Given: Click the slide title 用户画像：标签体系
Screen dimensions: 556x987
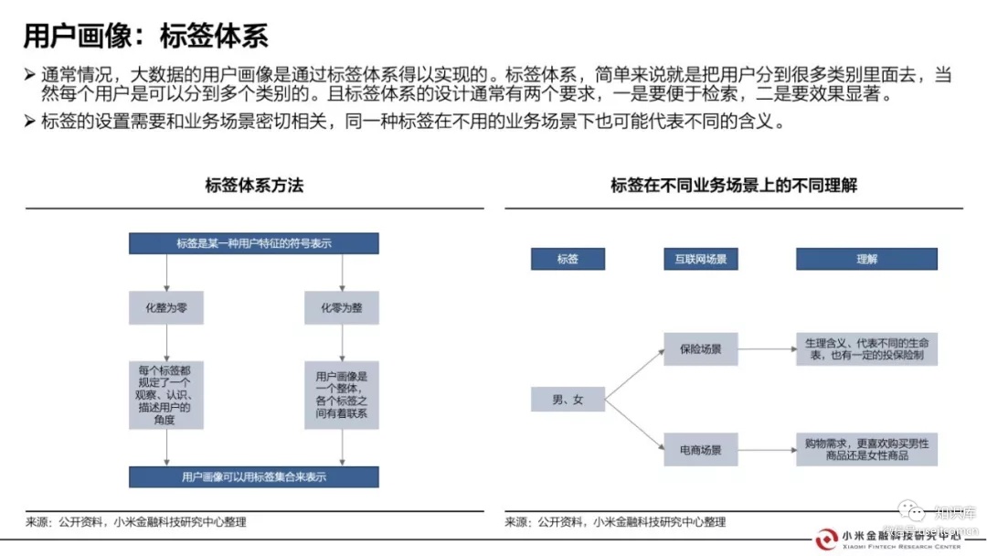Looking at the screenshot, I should (145, 36).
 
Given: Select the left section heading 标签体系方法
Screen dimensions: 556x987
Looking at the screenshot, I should (254, 186).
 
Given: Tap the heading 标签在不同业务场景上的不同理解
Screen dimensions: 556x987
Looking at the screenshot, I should (734, 186).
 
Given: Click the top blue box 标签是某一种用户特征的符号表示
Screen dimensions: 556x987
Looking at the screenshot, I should (254, 243).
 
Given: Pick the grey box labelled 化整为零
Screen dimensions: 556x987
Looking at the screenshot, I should (165, 308).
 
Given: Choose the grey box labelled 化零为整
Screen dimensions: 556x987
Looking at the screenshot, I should (341, 308).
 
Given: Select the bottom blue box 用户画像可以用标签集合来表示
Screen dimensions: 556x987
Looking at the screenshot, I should (254, 476).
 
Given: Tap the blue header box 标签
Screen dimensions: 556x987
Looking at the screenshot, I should (568, 259).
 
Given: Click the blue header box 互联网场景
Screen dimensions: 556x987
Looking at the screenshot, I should (701, 259).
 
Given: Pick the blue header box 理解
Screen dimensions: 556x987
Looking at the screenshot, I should (866, 259).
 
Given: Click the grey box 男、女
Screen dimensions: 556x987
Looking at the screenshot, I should (568, 400).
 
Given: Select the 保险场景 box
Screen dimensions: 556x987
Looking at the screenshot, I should (701, 348).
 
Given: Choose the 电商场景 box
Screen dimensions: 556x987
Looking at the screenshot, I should (701, 450).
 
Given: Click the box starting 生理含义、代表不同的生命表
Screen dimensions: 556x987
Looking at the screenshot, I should (866, 348).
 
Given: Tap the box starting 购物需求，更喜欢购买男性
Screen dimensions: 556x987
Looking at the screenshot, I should (866, 449).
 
